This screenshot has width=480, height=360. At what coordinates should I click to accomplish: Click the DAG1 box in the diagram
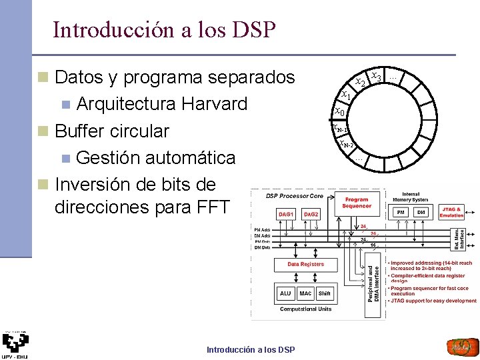pyautogui.click(x=286, y=214)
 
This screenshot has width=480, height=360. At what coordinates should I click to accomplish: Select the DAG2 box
pyautogui.click(x=311, y=214)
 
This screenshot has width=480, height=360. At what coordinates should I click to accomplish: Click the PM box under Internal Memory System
pyautogui.click(x=401, y=212)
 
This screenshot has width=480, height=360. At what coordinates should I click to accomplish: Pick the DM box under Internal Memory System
pyautogui.click(x=421, y=212)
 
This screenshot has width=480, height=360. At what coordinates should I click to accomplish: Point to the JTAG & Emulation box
pyautogui.click(x=451, y=212)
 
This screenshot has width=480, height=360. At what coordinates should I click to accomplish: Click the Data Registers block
pyautogui.click(x=306, y=264)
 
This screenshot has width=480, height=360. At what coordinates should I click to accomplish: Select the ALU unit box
pyautogui.click(x=285, y=293)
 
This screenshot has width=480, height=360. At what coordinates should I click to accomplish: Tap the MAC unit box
pyautogui.click(x=305, y=293)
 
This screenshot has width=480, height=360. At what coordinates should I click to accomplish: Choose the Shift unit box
pyautogui.click(x=324, y=293)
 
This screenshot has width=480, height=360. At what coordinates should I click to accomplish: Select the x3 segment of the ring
pyautogui.click(x=376, y=77)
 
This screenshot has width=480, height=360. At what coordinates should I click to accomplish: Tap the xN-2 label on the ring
pyautogui.click(x=345, y=144)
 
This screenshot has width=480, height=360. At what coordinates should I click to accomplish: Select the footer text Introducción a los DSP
pyautogui.click(x=251, y=350)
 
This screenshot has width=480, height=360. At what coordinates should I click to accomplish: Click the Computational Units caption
pyautogui.click(x=305, y=309)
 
